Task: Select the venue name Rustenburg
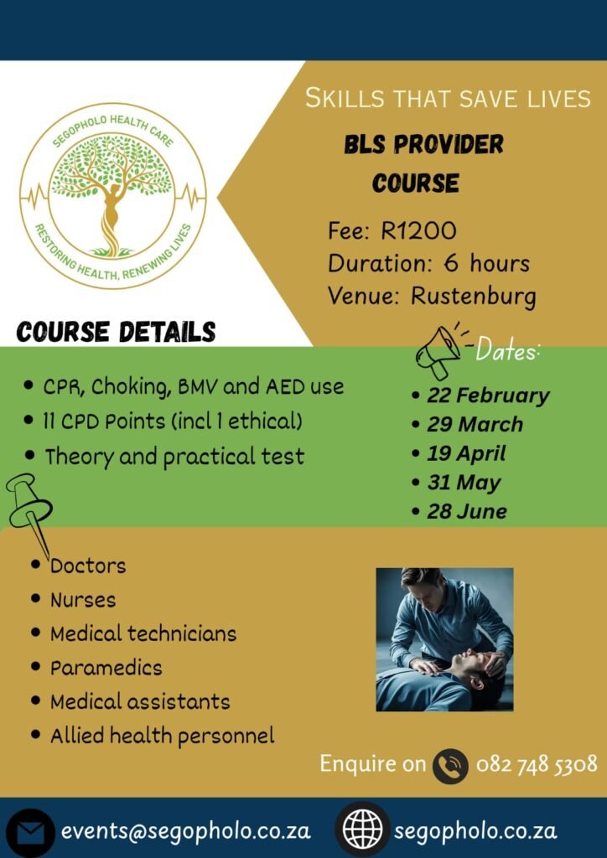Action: click(x=474, y=296)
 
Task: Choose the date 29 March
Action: click(x=475, y=424)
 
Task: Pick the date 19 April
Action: click(x=466, y=453)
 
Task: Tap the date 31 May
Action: click(x=464, y=483)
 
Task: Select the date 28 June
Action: click(x=467, y=511)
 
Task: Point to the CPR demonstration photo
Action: click(x=444, y=639)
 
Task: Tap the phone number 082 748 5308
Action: click(x=537, y=764)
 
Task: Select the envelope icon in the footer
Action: click(x=30, y=832)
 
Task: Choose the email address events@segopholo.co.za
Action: click(x=185, y=831)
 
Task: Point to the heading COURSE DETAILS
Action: click(x=116, y=332)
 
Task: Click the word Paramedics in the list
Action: click(x=106, y=668)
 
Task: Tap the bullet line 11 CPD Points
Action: click(x=174, y=421)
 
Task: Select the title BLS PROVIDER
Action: click(x=423, y=145)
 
